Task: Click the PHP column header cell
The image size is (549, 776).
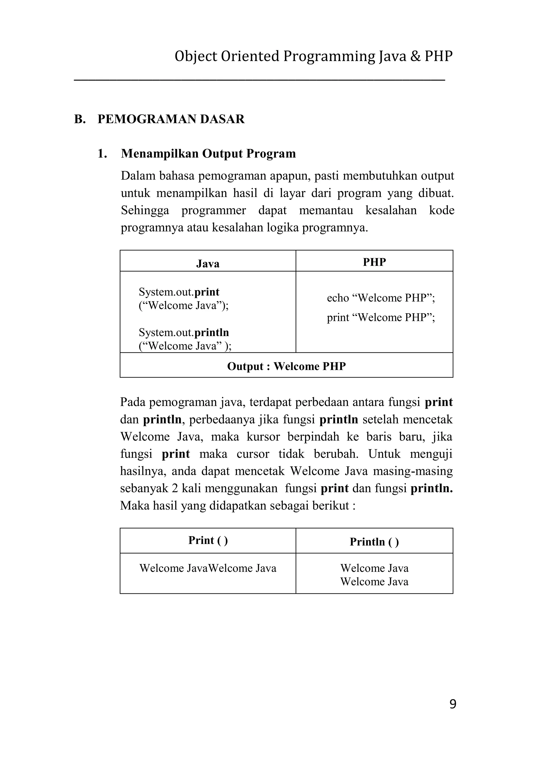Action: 374,262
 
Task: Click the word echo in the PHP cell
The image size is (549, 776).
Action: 337,298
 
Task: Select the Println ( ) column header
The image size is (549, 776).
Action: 374,542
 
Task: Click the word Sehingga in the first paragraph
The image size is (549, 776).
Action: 145,211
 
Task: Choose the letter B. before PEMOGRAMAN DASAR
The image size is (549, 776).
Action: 80,119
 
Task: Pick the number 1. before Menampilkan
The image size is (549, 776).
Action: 102,154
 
